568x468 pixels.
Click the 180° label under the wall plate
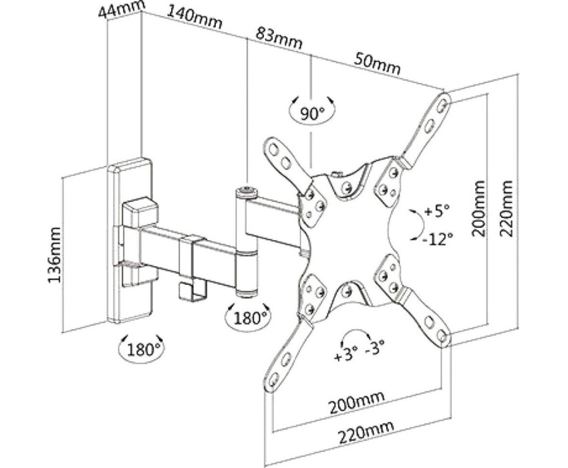point(141,348)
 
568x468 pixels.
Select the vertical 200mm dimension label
point(478,209)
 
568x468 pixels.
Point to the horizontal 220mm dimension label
point(365,433)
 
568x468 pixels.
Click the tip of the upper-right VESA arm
point(443,101)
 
